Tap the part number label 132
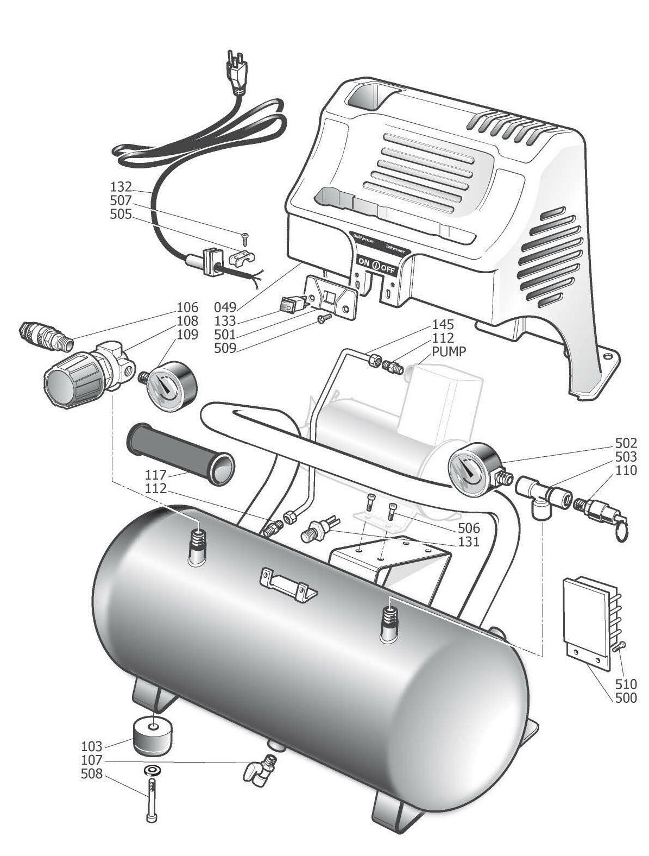[121, 187]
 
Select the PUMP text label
[449, 351]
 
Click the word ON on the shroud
[363, 262]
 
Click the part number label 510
[626, 683]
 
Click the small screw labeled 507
[245, 236]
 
